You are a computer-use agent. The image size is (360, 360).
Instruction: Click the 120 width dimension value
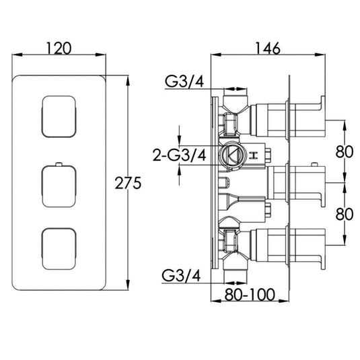(x=59, y=48)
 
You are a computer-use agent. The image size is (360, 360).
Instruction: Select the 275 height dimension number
(x=128, y=183)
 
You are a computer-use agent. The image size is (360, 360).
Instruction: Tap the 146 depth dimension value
(x=268, y=48)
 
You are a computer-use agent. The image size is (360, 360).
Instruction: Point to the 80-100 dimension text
(x=250, y=294)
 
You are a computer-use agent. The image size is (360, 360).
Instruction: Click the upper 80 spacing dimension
(x=344, y=151)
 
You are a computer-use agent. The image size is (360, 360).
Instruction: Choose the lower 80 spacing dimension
(x=344, y=214)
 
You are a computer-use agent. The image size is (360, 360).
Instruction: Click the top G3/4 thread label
(x=184, y=81)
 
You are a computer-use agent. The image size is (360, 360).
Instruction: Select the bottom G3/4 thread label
(x=181, y=275)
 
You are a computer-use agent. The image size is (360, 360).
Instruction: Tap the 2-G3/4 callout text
(x=180, y=155)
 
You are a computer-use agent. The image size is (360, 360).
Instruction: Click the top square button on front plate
(x=59, y=116)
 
